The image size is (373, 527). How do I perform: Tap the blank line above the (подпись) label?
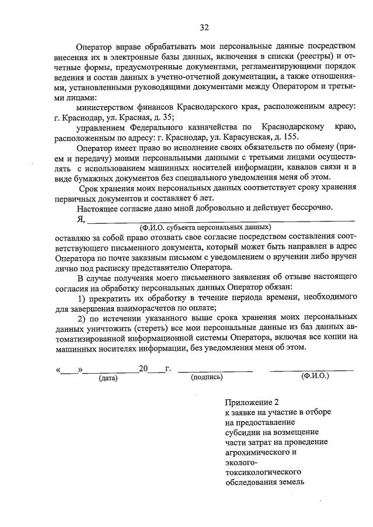click(215, 369)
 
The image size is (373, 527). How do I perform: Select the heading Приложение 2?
click(248, 402)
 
